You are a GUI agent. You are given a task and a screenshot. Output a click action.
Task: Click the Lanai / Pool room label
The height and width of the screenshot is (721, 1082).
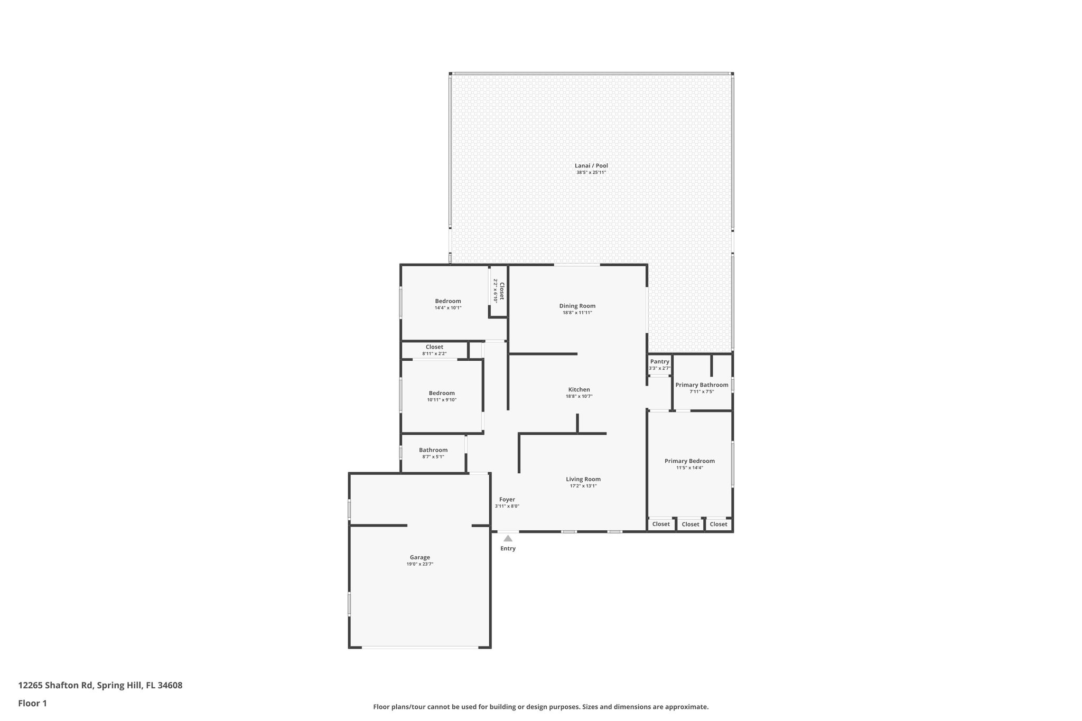pos(591,166)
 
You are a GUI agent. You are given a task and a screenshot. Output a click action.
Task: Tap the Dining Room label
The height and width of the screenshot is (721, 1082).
pos(577,306)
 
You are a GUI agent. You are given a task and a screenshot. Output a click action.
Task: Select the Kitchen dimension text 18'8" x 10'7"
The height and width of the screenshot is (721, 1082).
pos(579,396)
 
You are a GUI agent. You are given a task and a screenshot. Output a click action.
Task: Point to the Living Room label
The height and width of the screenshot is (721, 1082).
pos(583,480)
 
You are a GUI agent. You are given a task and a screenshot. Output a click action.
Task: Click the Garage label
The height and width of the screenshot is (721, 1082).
pos(420,557)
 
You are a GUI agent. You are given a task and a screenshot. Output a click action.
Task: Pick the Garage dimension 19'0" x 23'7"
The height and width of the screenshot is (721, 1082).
pos(420,564)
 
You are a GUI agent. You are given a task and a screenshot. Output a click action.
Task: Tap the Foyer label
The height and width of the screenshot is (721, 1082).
pos(507,500)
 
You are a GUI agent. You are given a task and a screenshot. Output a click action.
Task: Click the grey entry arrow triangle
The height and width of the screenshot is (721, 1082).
pos(508,538)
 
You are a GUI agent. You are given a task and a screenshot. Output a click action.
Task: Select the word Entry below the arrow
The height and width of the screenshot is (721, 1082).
pos(508,548)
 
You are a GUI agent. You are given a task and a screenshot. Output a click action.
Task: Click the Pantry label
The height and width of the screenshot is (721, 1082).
pos(659,361)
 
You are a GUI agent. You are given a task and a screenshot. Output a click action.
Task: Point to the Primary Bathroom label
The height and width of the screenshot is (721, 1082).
pos(702,385)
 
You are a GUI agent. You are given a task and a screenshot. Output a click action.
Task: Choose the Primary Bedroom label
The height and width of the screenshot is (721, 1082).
pos(689,461)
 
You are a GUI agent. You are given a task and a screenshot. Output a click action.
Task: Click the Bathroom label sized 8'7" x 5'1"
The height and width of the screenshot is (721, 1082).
pos(433,450)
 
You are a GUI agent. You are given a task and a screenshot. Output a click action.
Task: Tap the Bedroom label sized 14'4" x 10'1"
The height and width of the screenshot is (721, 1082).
pos(448,301)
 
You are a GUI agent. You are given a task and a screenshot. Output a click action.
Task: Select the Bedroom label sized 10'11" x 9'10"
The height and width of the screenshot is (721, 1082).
pos(442,393)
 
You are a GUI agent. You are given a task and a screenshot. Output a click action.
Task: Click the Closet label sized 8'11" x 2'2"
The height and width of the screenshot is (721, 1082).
pos(434,347)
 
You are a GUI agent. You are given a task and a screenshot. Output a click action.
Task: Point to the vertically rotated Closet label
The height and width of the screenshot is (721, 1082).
pos(502,291)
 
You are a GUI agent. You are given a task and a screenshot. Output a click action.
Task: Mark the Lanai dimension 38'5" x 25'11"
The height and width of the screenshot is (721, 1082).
pos(591,173)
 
